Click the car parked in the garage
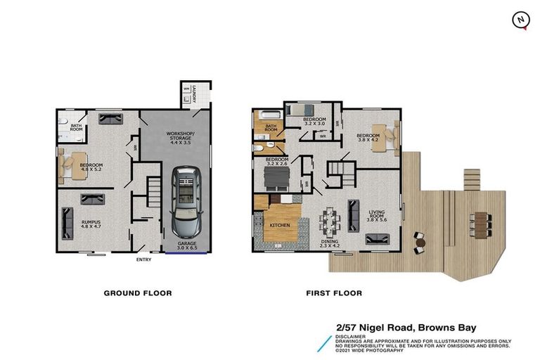pos(187,202)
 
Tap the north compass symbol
pos(521,20)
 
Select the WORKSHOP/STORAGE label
pos(176,136)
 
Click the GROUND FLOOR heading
pos(138,293)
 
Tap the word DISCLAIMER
pos(352,336)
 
